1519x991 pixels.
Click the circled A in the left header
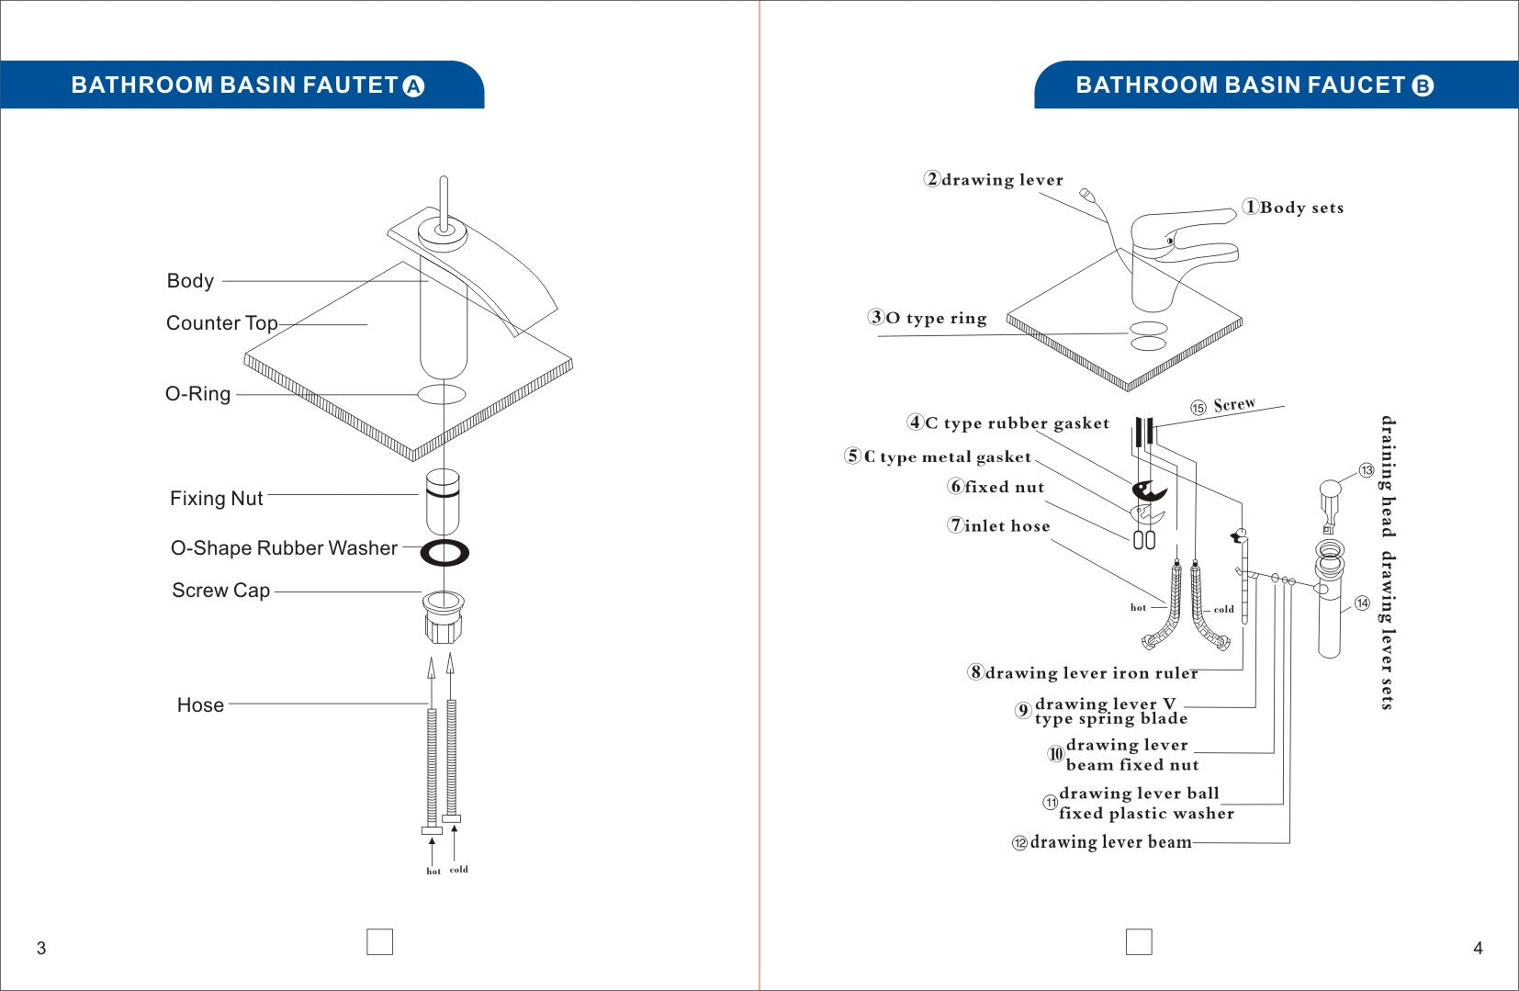(x=414, y=86)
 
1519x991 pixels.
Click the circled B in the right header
(x=1422, y=86)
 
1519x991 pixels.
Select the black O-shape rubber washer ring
(x=444, y=553)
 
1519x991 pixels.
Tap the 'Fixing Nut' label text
(x=217, y=499)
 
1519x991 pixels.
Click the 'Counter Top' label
(x=221, y=323)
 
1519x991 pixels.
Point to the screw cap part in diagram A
(x=443, y=617)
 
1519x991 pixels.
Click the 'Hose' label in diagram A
(x=200, y=705)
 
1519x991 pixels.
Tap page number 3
(x=40, y=949)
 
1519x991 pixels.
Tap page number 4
(x=1478, y=949)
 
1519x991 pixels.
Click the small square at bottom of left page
(x=379, y=942)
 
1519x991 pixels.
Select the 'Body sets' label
(x=1301, y=208)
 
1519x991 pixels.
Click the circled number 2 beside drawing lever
(x=932, y=179)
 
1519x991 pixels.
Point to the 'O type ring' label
(x=936, y=319)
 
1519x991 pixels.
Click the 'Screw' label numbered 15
(x=1233, y=405)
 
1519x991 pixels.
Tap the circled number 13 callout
(x=1367, y=471)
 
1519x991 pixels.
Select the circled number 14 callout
(x=1362, y=603)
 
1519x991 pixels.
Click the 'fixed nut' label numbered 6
(x=1004, y=488)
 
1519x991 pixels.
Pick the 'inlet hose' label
(x=1007, y=526)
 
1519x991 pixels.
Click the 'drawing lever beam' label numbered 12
(x=1110, y=842)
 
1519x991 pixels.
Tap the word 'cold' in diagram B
(x=1223, y=609)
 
